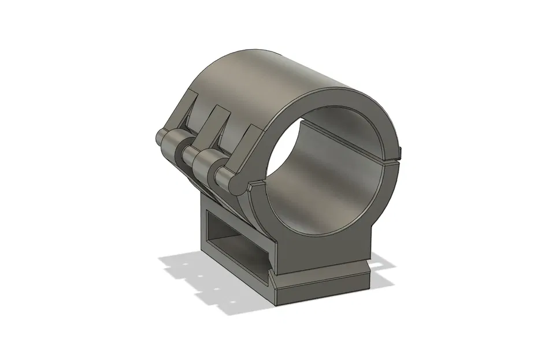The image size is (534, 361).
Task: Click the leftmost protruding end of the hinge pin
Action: coord(160,139)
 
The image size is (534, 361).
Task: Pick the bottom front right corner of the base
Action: coord(370,286)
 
